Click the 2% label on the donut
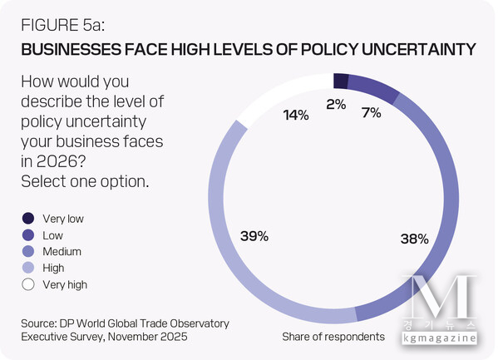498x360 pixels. (x=336, y=105)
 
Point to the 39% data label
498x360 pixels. (x=254, y=236)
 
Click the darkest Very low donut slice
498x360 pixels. (x=339, y=80)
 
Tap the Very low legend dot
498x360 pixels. (x=27, y=219)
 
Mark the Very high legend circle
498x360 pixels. (x=27, y=284)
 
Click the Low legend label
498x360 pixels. (x=52, y=235)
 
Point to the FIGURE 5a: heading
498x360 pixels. (x=63, y=25)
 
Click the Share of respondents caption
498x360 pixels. (x=333, y=337)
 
